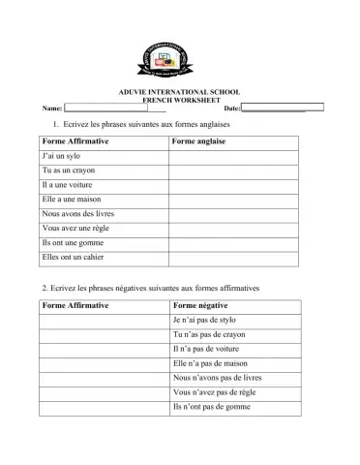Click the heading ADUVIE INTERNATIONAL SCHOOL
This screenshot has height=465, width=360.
point(179,91)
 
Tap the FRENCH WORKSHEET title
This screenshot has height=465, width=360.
point(179,100)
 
